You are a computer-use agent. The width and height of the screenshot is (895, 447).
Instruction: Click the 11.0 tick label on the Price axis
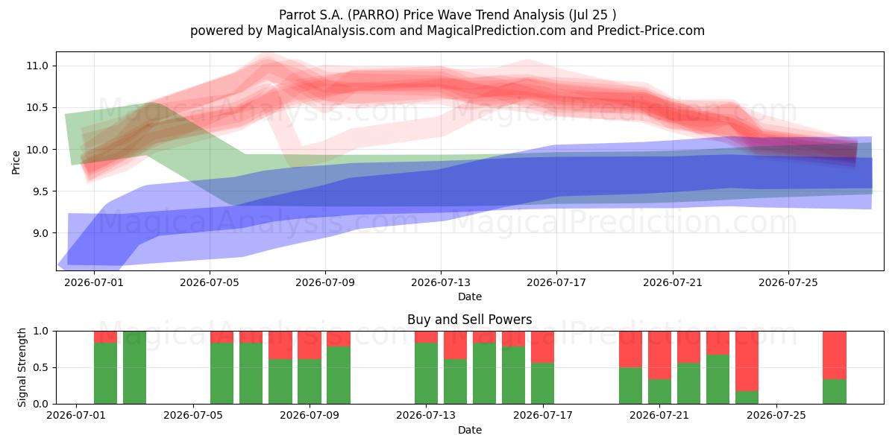pos(37,66)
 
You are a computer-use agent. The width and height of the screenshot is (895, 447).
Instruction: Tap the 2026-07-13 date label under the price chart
pos(441,282)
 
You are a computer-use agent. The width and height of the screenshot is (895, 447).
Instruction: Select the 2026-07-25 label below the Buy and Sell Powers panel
pos(776,416)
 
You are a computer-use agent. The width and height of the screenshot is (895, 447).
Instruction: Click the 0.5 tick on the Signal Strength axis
pos(40,367)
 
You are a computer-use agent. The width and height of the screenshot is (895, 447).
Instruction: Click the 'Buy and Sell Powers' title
pos(469,320)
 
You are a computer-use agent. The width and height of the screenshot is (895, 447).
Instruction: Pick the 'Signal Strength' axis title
pos(22,367)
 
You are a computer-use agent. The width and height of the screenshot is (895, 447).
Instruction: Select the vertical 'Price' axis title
pos(16,162)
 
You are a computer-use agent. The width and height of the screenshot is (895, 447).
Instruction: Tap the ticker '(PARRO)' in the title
pos(373,15)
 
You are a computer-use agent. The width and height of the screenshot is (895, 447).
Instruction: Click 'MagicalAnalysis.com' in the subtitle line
pos(331,31)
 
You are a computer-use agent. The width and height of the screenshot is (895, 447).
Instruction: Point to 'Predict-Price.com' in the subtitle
pos(651,31)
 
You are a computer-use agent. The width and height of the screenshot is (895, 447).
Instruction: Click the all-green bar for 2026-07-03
pos(135,367)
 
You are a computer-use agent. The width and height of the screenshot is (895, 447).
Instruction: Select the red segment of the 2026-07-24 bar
pos(747,361)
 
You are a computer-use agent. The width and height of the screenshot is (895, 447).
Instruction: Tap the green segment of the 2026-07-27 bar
pos(835,392)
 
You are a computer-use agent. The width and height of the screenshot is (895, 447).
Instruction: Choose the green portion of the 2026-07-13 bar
pos(427,373)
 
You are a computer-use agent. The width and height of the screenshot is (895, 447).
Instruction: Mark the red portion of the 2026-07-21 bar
pos(659,355)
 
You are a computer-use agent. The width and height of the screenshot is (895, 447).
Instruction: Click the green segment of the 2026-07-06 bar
pos(251,373)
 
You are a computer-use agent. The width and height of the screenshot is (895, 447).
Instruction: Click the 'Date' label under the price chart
pos(469,297)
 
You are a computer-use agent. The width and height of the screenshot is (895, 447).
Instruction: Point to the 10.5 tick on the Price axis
pos(37,108)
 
